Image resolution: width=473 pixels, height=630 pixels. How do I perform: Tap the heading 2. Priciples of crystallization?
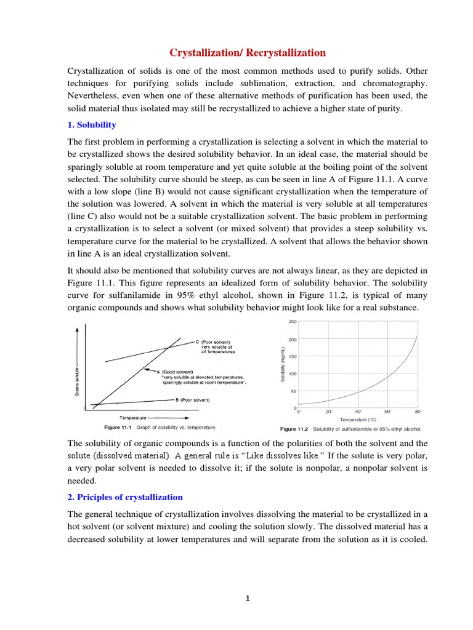(x=125, y=496)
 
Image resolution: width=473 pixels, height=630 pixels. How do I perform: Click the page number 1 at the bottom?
(x=247, y=597)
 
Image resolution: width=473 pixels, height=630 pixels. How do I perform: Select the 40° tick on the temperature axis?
(x=358, y=412)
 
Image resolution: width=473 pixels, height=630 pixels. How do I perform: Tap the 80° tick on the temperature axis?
(x=418, y=412)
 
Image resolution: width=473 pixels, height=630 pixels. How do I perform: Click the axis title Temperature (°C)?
(x=358, y=419)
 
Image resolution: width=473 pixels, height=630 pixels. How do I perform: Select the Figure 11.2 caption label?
(x=295, y=428)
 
